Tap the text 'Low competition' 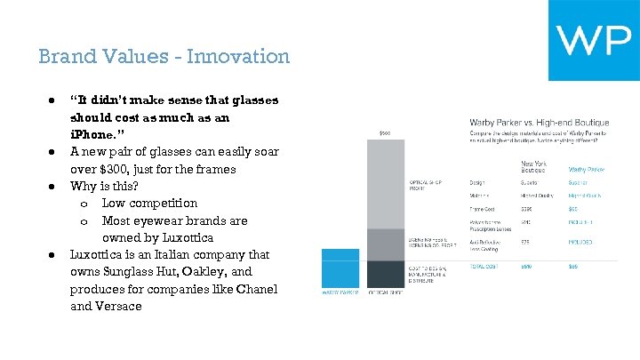[149, 204]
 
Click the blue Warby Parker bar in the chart [339, 268]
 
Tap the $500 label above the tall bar [385, 133]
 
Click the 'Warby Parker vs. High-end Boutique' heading [539, 122]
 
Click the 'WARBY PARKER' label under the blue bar [339, 292]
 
